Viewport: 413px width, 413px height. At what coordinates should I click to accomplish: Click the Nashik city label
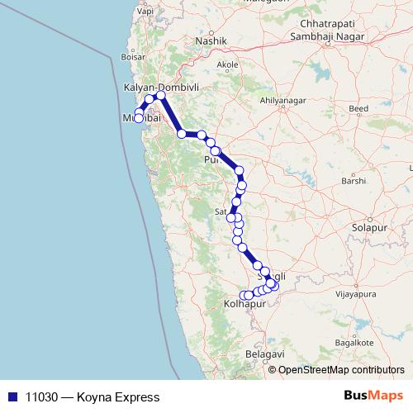(205, 40)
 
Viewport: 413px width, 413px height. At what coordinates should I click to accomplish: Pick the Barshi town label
(353, 181)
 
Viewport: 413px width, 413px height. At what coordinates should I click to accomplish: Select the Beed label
(358, 109)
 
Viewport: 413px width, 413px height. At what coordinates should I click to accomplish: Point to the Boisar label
(132, 57)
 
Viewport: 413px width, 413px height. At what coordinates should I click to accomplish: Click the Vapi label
(146, 12)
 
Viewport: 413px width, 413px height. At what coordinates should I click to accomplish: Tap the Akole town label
(227, 64)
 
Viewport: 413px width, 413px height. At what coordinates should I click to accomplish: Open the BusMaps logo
(373, 396)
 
